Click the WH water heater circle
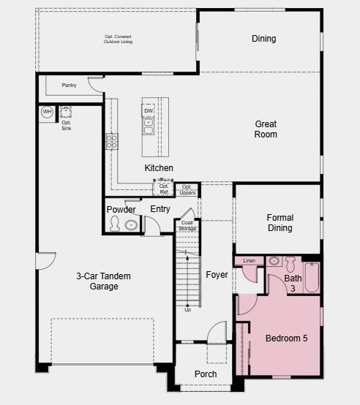(x=47, y=112)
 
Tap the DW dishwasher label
(x=149, y=111)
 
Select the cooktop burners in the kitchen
(x=112, y=142)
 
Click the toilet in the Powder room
(x=114, y=224)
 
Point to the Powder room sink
(x=132, y=225)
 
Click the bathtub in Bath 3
(x=312, y=278)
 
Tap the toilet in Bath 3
(x=290, y=264)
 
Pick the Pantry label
(x=69, y=86)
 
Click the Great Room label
(x=266, y=129)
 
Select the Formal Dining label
(x=280, y=223)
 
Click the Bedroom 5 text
(x=287, y=338)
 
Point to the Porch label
(x=206, y=374)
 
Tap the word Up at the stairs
(x=188, y=310)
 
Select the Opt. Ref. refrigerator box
(x=163, y=188)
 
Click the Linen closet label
(x=249, y=260)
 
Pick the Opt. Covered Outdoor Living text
(x=118, y=39)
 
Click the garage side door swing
(x=46, y=261)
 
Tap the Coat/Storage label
(x=187, y=225)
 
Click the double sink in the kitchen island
(x=149, y=126)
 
